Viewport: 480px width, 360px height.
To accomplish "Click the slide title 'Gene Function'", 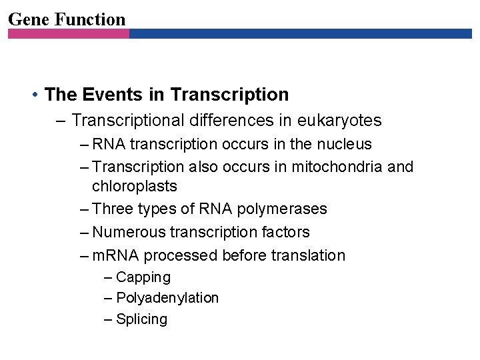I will [67, 19].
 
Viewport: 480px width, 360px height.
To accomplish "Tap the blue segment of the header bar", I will [300, 33].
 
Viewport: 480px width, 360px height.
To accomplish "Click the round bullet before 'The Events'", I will [34, 95].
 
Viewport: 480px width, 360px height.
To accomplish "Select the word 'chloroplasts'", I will [134, 186].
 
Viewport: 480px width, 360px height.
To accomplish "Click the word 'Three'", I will [114, 209].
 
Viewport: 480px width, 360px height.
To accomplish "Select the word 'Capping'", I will [143, 277].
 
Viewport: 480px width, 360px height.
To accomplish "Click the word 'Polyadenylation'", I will [167, 298].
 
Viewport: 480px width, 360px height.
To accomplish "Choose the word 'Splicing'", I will [142, 319].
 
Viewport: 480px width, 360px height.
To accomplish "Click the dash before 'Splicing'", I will [109, 319].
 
